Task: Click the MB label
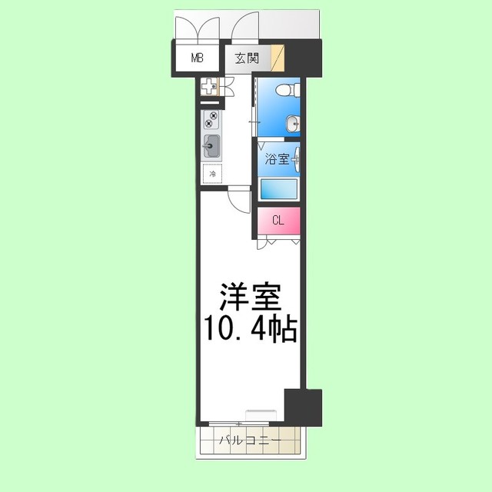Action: click(x=197, y=58)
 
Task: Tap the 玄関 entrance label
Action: click(x=248, y=58)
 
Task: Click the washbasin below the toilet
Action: click(x=292, y=122)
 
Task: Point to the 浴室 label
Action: click(x=277, y=159)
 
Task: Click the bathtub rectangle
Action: click(x=278, y=189)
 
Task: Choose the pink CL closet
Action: click(x=278, y=221)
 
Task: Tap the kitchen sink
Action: click(x=211, y=144)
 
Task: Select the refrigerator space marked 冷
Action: click(x=212, y=174)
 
